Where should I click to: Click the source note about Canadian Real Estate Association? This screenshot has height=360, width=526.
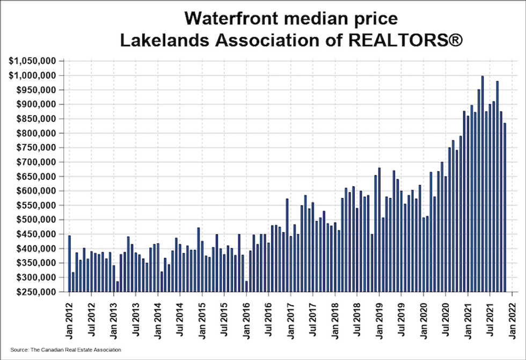coord(65,350)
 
